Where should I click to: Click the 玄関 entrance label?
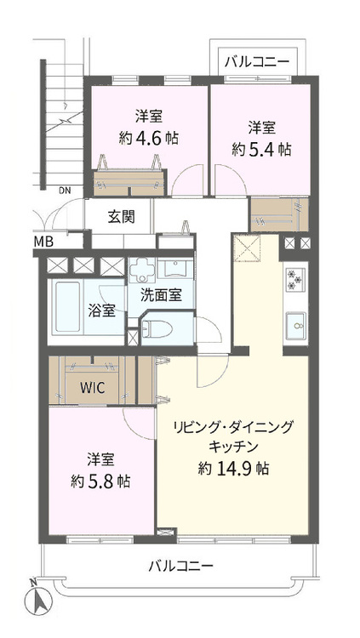120,216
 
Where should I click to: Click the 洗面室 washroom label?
161,295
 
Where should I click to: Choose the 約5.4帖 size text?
260,148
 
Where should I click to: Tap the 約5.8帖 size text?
100,481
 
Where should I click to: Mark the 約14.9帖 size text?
234,467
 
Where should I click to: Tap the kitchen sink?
296,323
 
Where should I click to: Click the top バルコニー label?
256,62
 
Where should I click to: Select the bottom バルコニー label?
180,566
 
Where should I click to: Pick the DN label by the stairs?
65,191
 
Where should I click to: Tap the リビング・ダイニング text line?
233,426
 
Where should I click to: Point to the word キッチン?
233,446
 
